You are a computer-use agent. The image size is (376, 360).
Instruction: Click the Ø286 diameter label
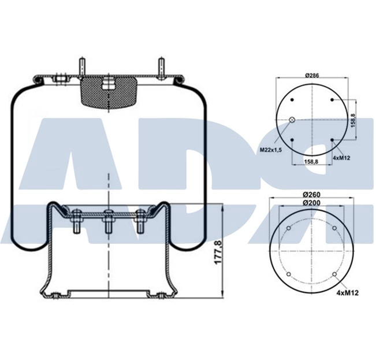coord(312,76)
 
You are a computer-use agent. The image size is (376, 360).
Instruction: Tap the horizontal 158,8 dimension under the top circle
coord(312,162)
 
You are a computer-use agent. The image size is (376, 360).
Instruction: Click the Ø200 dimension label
coord(312,202)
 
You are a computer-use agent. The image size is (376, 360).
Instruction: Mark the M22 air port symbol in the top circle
coord(292,120)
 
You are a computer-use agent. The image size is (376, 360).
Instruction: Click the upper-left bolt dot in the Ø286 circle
coord(293,101)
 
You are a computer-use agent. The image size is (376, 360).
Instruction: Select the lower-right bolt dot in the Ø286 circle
coord(332,140)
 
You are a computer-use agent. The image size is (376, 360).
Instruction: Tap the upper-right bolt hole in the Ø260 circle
coord(334,229)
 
